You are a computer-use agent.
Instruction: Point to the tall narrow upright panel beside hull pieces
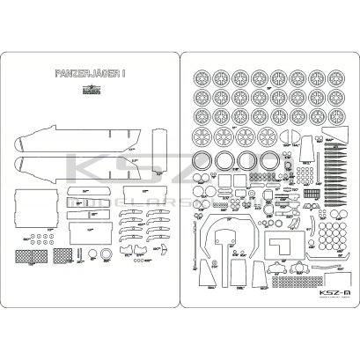tap(159, 151)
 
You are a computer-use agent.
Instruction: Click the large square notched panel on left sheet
tap(36, 204)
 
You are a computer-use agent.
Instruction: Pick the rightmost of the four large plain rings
tap(268, 162)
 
